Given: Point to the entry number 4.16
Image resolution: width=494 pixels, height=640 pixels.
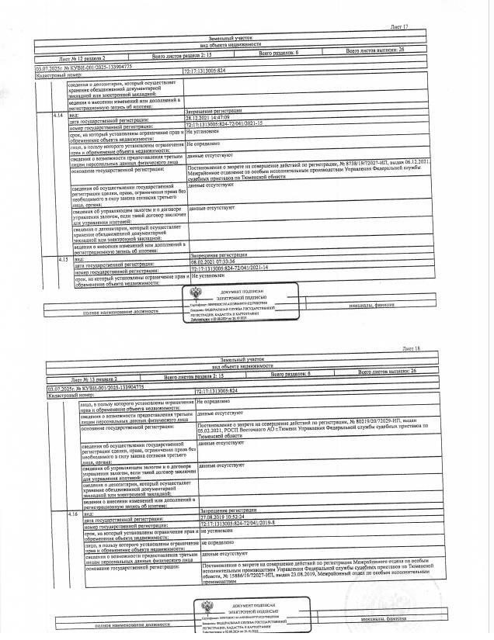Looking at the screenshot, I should (x=72, y=514).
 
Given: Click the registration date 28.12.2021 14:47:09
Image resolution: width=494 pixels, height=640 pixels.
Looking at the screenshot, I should (x=214, y=117).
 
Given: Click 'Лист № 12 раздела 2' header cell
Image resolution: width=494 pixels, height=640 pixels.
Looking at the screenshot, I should (x=81, y=58).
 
